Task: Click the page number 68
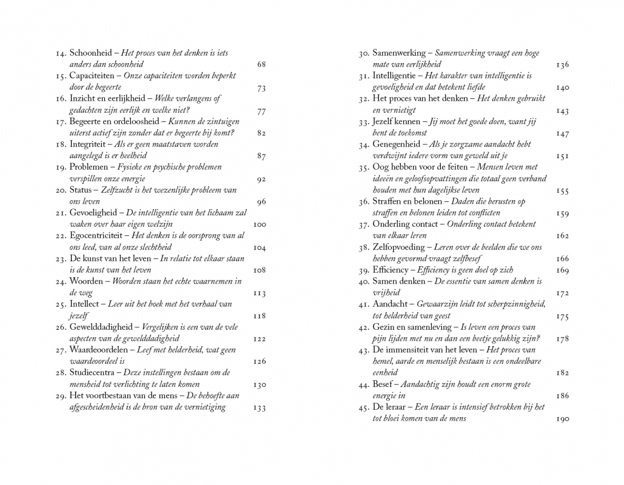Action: pos(261,64)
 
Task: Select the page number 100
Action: pos(259,224)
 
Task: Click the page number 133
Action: pos(259,407)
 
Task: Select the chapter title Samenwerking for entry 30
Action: pos(400,53)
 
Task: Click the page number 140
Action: pos(562,87)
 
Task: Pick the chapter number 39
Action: pos(363,270)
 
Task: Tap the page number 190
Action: pos(562,419)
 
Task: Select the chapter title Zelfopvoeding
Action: pos(400,247)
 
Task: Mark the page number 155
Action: pos(562,190)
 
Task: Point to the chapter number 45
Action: pos(363,407)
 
